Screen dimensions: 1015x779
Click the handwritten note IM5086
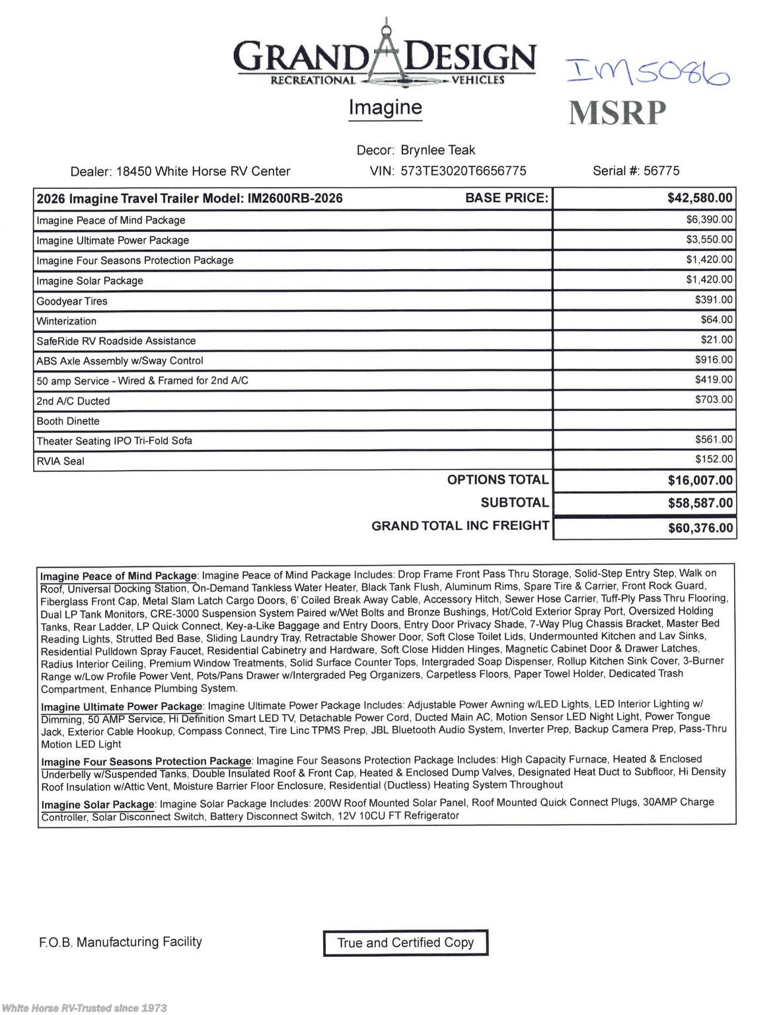(x=648, y=72)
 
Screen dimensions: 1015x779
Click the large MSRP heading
(x=617, y=113)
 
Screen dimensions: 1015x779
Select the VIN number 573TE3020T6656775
(x=463, y=171)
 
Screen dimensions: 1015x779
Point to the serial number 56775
(x=661, y=171)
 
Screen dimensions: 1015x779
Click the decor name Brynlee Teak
(x=437, y=150)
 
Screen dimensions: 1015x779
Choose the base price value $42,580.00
(x=699, y=198)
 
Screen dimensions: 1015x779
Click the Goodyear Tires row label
(x=72, y=301)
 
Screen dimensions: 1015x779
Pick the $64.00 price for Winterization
(x=716, y=320)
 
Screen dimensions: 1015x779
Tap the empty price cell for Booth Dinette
(x=644, y=420)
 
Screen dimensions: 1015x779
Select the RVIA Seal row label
(x=61, y=461)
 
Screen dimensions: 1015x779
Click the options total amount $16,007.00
(x=700, y=480)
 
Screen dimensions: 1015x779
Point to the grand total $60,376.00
(x=700, y=528)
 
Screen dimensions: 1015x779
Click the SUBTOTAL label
(x=514, y=503)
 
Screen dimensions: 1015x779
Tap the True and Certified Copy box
(x=405, y=943)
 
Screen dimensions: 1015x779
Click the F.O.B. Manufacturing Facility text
(x=120, y=942)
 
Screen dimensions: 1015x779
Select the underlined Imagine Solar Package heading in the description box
(x=98, y=805)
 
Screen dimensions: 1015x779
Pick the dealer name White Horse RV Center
(x=203, y=172)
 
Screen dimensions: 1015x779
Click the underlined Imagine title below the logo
(x=385, y=108)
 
